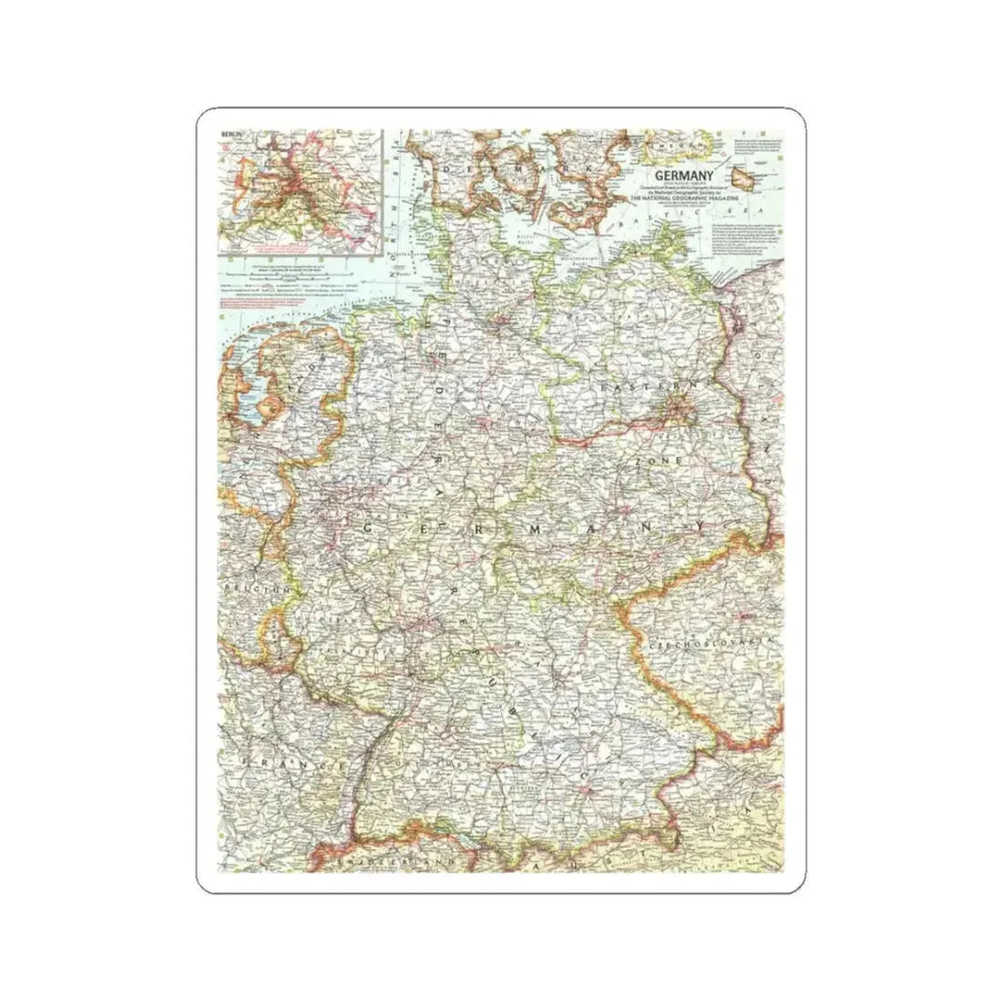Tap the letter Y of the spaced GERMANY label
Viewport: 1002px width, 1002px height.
tap(700, 529)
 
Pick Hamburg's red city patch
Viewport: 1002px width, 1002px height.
tap(500, 321)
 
